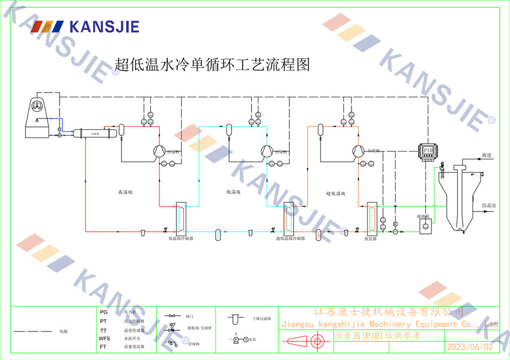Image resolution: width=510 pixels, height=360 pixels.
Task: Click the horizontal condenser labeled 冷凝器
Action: [95, 133]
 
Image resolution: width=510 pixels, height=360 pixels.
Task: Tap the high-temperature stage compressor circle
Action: [158, 150]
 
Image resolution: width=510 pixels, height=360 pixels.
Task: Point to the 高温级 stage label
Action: [125, 193]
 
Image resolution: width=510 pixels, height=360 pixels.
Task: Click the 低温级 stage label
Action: [233, 193]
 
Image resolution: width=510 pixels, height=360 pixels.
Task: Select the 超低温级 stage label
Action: [336, 193]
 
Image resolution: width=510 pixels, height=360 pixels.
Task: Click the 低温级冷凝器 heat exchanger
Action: [181, 217]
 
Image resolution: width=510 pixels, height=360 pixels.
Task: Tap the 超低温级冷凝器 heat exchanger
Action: [289, 217]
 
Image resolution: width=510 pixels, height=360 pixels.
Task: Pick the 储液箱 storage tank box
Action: [425, 226]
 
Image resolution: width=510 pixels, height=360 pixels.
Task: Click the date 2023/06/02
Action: [470, 347]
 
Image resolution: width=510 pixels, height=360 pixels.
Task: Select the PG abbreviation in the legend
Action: [104, 312]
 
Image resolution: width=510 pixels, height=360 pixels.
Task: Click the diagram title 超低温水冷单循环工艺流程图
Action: [212, 65]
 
